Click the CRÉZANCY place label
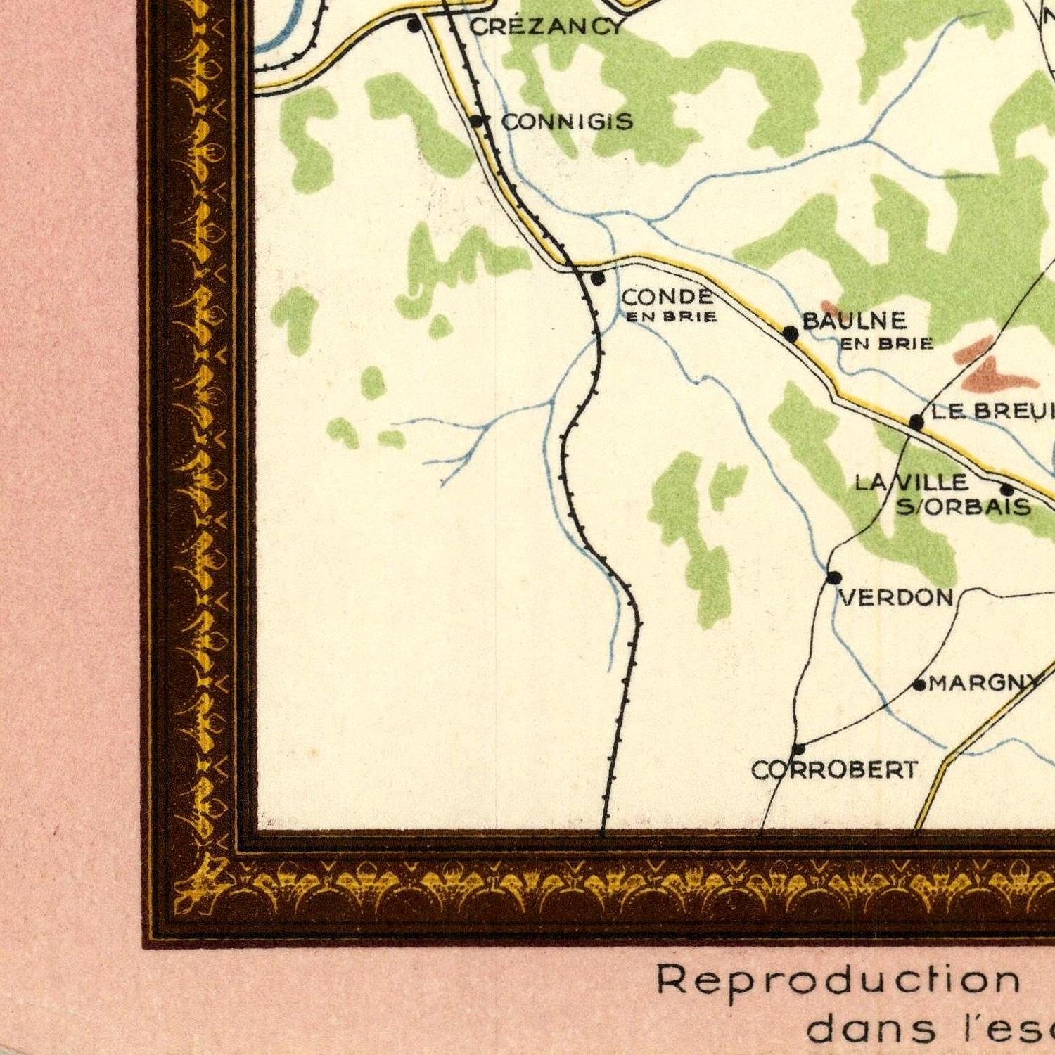coord(546,27)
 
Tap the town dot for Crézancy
coord(414,26)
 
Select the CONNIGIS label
coord(567,122)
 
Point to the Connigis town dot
coord(477,121)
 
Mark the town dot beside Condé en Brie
coord(597,279)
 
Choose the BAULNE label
coord(854,321)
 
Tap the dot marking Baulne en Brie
coord(791,333)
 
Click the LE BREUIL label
coord(992,411)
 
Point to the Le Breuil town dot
coord(916,422)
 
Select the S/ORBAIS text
coord(963,506)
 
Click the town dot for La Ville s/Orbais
coord(1006,490)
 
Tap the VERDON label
coord(897,598)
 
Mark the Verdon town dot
coord(833,577)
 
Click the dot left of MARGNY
coord(919,684)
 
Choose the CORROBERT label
coord(835,769)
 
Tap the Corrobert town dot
coord(798,748)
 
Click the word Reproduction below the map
coord(838,980)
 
